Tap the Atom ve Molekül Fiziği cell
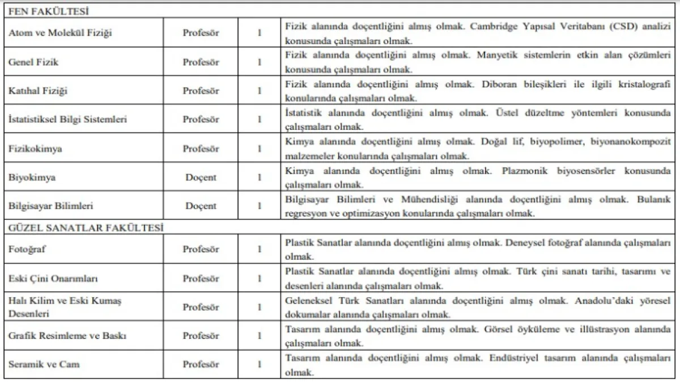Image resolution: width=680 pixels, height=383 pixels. [x=60, y=33]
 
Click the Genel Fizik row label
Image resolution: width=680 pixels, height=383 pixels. [x=33, y=62]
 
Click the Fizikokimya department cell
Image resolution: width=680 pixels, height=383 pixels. [x=36, y=149]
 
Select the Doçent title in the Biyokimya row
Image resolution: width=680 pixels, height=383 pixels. [x=201, y=178]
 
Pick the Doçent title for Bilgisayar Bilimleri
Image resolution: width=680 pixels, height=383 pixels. [x=201, y=207]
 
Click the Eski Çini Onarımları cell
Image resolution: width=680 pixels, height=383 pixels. [x=54, y=279]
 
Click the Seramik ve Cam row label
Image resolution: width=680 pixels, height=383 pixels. [x=44, y=365]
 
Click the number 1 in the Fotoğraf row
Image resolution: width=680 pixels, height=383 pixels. [x=260, y=249]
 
